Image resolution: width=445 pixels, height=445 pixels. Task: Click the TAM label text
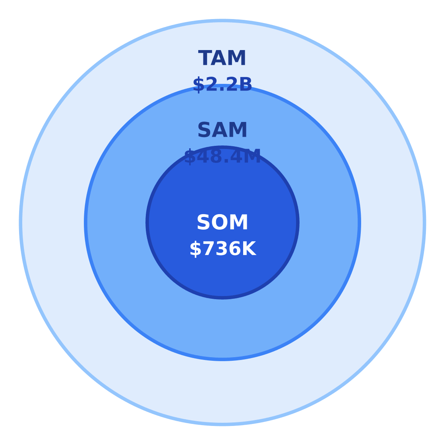222,58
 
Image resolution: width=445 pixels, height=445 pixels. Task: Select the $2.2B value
222,85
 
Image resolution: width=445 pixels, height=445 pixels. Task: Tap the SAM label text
222,130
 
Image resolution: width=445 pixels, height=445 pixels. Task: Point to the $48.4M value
222,157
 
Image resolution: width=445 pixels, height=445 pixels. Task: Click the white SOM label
222,222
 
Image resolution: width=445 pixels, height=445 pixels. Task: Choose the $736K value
223,249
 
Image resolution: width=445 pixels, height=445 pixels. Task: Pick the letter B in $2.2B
246,85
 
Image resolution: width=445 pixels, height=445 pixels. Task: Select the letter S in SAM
204,130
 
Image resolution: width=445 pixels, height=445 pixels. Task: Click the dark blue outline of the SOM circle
147,222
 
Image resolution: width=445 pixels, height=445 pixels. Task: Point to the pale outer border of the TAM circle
20,222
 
